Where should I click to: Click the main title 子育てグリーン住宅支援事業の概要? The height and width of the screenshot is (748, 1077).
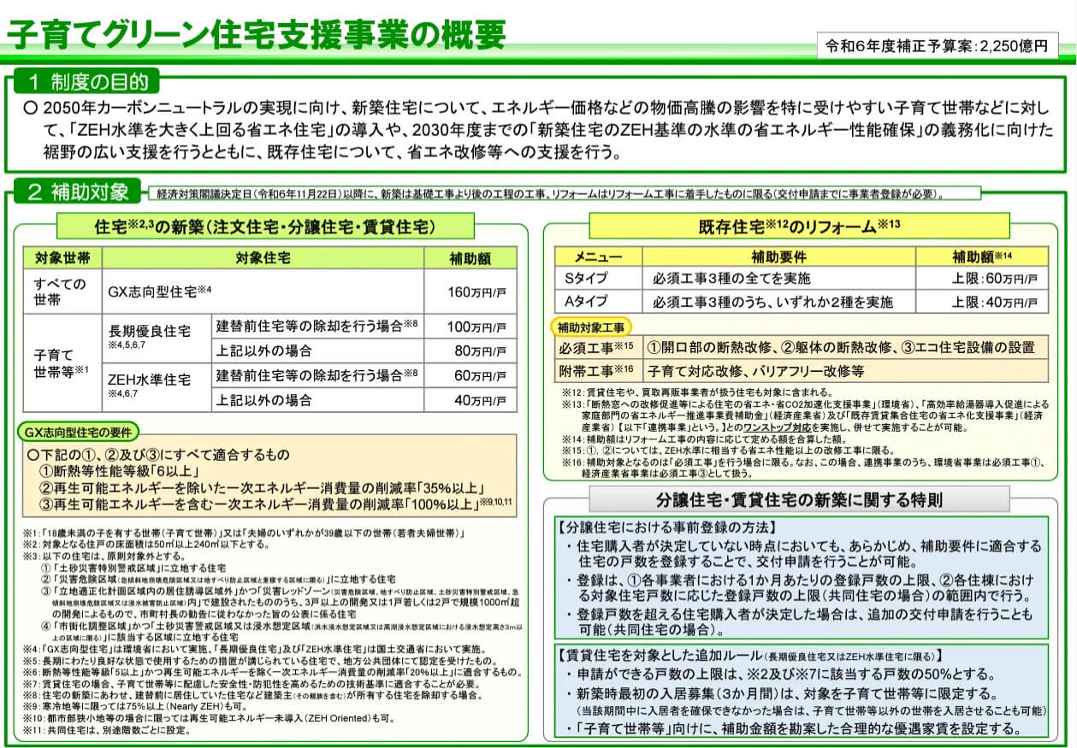[x=257, y=34]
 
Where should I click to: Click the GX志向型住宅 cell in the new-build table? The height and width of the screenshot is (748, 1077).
[x=159, y=292]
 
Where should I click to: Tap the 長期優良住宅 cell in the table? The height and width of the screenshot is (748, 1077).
[x=150, y=331]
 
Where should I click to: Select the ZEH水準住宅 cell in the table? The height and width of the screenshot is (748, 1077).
[x=149, y=380]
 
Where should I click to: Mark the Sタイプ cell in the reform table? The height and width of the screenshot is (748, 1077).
[x=591, y=279]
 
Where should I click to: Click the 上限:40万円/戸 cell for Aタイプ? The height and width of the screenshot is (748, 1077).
[x=982, y=302]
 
